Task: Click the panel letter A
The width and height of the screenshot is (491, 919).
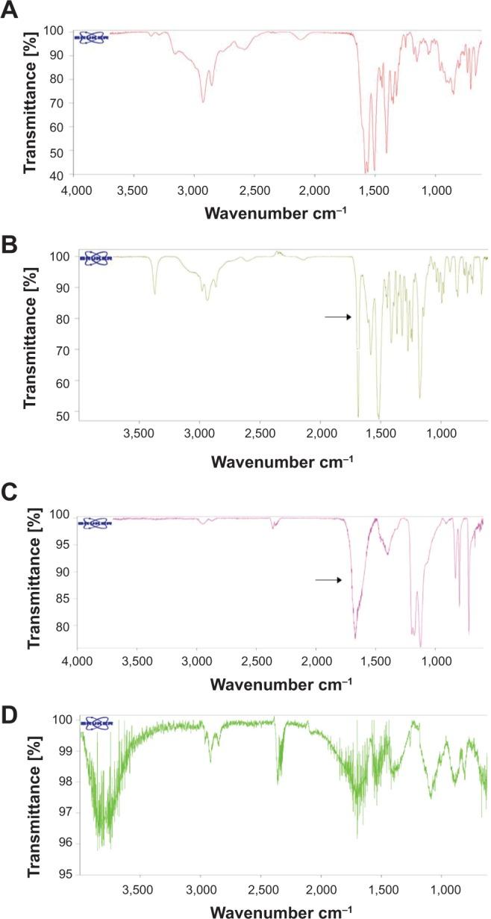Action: (10, 11)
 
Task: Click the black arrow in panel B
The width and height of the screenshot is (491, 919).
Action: (337, 317)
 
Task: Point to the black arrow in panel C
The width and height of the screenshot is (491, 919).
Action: (328, 579)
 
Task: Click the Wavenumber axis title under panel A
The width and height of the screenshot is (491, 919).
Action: (275, 214)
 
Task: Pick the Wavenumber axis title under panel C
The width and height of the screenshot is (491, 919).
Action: (275, 683)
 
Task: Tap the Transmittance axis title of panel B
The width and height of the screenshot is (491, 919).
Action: (31, 337)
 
